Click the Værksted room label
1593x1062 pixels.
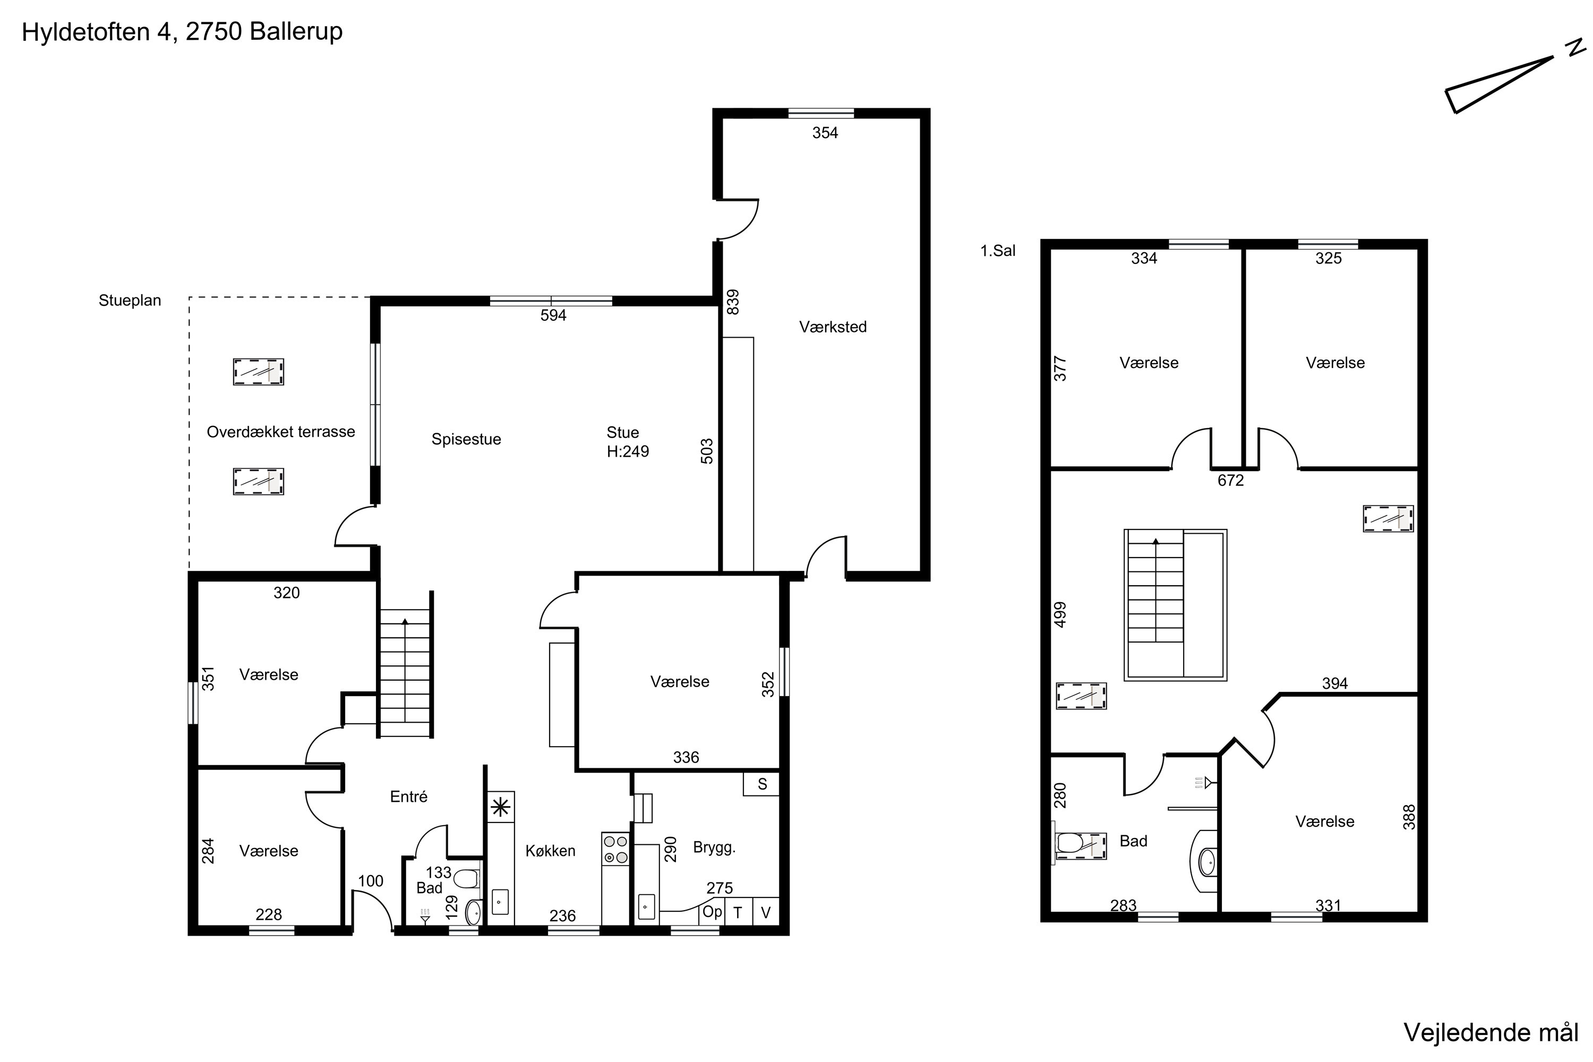(833, 327)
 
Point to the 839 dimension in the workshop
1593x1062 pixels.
(732, 302)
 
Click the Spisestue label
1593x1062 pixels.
(466, 439)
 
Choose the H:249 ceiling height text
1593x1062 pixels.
(627, 451)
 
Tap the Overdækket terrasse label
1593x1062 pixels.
(280, 431)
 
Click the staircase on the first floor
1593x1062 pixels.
(1175, 604)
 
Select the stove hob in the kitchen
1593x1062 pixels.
(615, 849)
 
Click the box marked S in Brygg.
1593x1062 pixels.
(761, 784)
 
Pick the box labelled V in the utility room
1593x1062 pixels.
(765, 912)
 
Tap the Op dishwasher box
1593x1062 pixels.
(712, 912)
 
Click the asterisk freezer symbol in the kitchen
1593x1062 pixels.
(501, 807)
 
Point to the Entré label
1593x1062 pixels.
(408, 796)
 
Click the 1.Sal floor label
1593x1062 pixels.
(998, 251)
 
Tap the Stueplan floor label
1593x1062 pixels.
(130, 301)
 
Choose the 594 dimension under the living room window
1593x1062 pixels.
(553, 315)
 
